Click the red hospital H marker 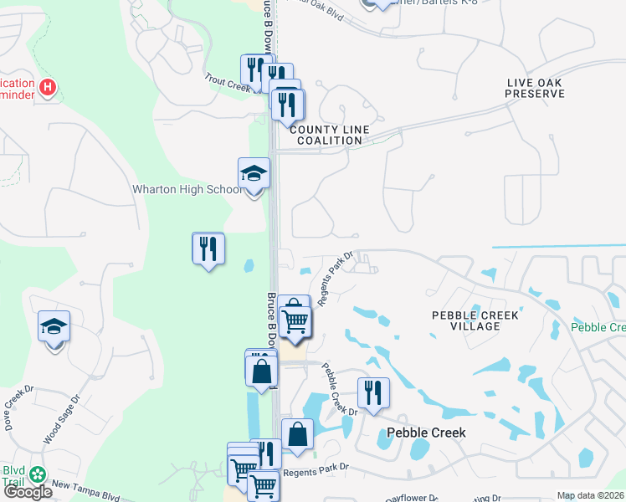point(49,86)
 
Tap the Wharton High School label point(187,190)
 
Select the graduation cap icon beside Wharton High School point(254,174)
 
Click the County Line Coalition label point(326,135)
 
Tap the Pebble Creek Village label point(475,320)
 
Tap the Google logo point(28,492)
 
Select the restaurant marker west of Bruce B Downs point(208,248)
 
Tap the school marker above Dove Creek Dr point(54,327)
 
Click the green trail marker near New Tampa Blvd point(37,474)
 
